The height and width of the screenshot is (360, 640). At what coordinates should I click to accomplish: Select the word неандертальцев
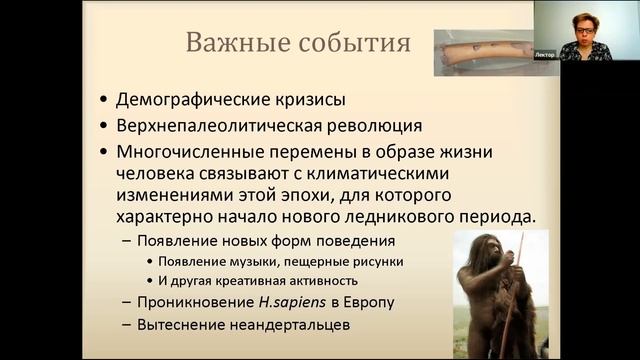(286, 324)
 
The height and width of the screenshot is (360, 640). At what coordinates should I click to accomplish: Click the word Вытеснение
(182, 324)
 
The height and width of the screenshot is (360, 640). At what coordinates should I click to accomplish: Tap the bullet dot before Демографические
(106, 101)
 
